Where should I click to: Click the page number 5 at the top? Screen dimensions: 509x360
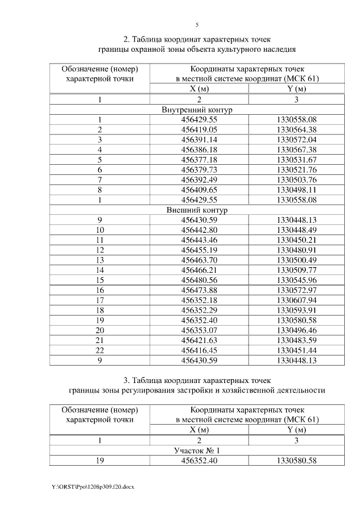197,25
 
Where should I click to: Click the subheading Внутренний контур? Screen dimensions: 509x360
197,110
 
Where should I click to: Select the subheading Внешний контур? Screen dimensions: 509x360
197,210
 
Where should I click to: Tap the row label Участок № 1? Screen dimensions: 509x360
197,451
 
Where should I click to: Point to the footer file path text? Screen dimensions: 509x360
92,485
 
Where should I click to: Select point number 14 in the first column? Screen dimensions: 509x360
100,270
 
